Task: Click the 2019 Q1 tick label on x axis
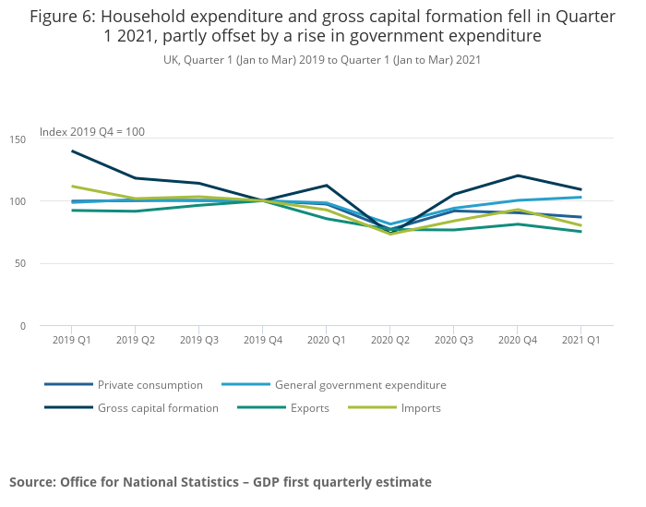pyautogui.click(x=71, y=340)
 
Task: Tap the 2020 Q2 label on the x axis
pyautogui.click(x=389, y=340)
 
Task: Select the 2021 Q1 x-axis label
pyautogui.click(x=580, y=340)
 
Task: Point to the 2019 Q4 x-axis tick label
pyautogui.click(x=262, y=340)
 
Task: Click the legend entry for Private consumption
pyautogui.click(x=150, y=385)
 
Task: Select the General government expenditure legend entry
pyautogui.click(x=360, y=385)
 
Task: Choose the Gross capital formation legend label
pyautogui.click(x=158, y=408)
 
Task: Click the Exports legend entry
pyautogui.click(x=309, y=408)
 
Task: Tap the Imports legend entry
pyautogui.click(x=421, y=408)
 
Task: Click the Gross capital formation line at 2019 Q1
pyautogui.click(x=71, y=151)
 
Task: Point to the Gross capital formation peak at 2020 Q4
pyautogui.click(x=516, y=175)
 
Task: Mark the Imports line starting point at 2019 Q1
pyautogui.click(x=71, y=187)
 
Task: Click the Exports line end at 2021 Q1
pyautogui.click(x=580, y=232)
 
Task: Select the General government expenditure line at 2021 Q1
pyautogui.click(x=580, y=197)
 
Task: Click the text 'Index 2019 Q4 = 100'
pyautogui.click(x=92, y=132)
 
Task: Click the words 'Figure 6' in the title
pyautogui.click(x=60, y=17)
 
